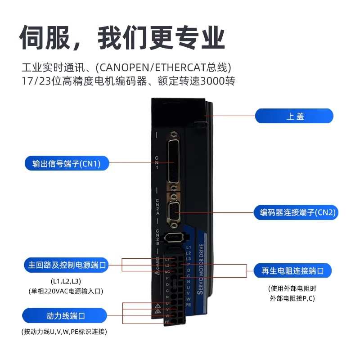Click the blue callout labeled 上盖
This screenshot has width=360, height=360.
tap(294, 116)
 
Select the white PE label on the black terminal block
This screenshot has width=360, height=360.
tap(167, 322)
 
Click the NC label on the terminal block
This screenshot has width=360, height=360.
tap(167, 272)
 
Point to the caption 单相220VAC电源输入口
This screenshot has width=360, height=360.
tap(66, 292)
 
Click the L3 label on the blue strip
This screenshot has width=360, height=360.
tap(189, 258)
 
